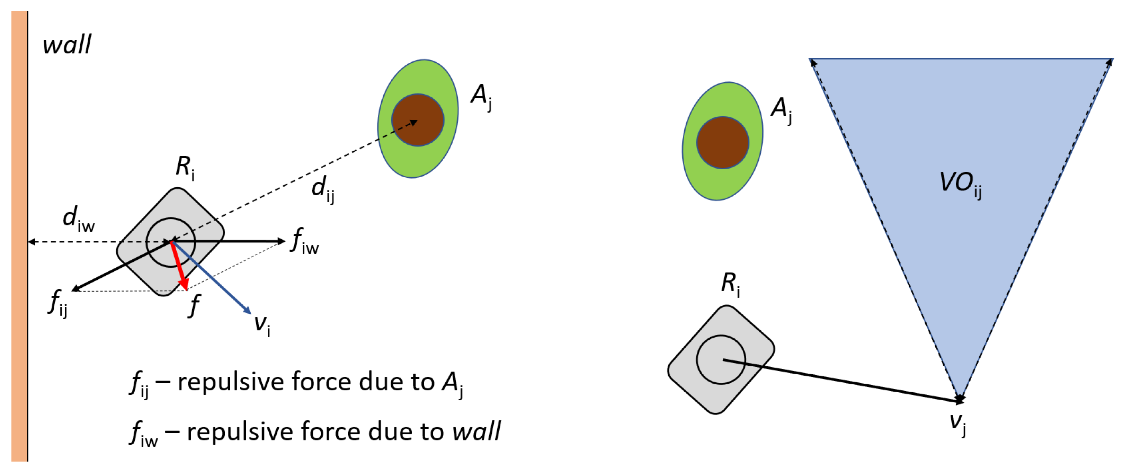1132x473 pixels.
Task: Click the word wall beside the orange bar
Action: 67,45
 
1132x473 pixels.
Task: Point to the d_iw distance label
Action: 78,218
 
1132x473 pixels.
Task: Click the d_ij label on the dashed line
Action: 323,189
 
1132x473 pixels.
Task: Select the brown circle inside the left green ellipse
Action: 418,119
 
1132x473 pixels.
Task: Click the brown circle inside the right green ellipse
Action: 722,142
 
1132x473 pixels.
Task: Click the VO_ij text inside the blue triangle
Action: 960,184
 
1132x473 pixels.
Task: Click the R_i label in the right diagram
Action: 730,284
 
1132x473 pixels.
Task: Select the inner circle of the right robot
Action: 721,359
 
